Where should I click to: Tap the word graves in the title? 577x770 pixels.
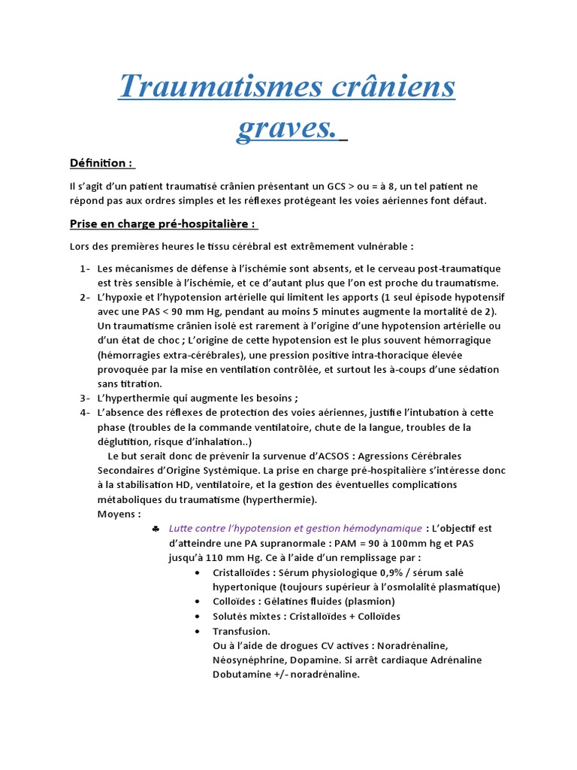(x=284, y=127)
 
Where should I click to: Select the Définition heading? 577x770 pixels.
(x=101, y=163)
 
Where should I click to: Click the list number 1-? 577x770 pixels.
(x=85, y=268)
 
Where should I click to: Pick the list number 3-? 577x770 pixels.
(x=85, y=398)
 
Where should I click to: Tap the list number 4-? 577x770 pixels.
(x=85, y=412)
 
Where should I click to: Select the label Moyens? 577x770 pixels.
(x=119, y=514)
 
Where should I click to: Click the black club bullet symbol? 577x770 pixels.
(x=155, y=529)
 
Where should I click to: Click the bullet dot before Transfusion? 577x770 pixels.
(x=197, y=631)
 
